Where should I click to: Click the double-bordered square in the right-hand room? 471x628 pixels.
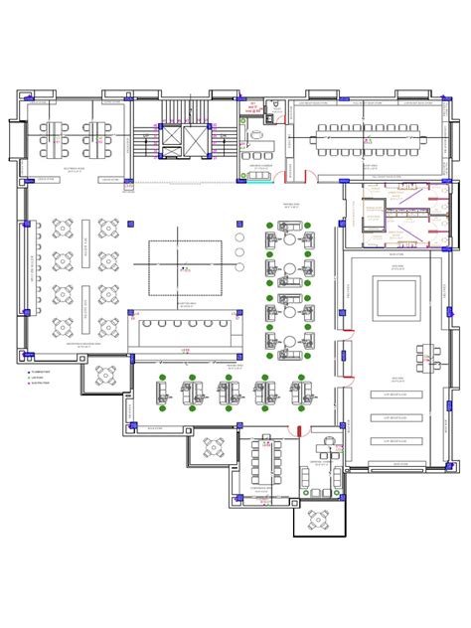tap(396, 299)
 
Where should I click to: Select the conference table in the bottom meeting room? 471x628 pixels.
tap(266, 459)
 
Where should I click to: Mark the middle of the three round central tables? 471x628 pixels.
tap(239, 250)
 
